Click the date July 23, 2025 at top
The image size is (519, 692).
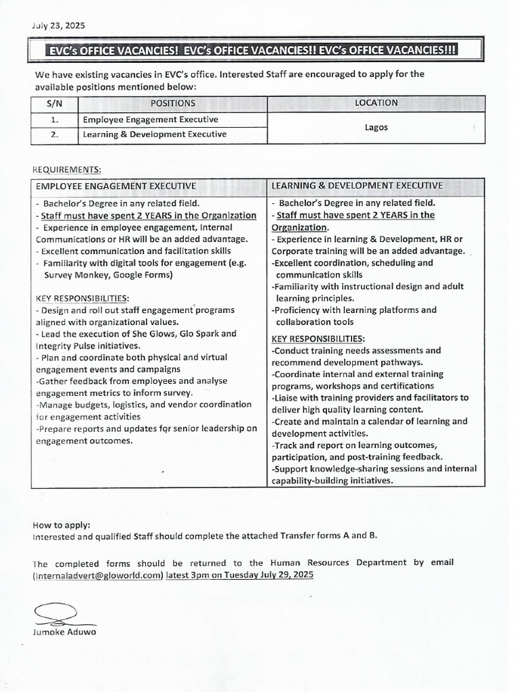point(58,26)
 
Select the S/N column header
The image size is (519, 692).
point(54,103)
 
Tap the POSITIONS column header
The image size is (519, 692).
point(173,103)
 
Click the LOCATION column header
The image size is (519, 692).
point(376,103)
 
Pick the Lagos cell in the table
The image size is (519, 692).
point(376,127)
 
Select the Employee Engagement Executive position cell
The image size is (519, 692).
point(150,120)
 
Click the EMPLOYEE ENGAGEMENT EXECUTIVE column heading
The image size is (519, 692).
point(116,185)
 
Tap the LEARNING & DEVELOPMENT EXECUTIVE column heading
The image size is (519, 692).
point(357,185)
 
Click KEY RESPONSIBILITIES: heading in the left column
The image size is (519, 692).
point(82,298)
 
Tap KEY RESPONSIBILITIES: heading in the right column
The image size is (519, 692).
point(318,339)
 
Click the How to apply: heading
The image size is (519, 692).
point(61,525)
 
